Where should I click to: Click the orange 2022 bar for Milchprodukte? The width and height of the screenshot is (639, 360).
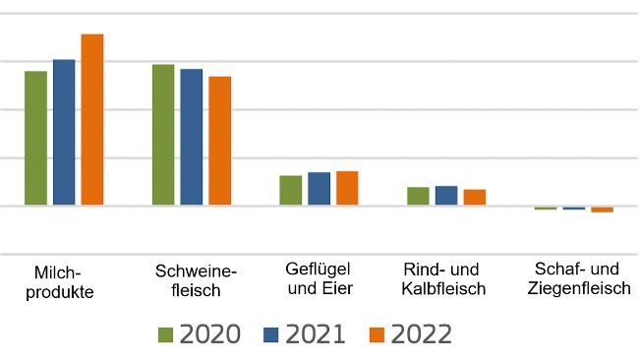[92, 119]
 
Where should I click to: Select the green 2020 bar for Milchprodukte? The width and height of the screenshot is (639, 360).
[35, 138]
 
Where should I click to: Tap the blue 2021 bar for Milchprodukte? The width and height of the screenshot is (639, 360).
[64, 132]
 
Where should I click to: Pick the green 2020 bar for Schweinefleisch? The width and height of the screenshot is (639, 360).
[163, 135]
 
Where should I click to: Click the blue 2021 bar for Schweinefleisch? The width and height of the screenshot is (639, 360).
[192, 137]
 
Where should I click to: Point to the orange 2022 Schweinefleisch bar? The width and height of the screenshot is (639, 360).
[220, 141]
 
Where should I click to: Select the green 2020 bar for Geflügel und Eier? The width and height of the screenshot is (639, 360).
[291, 190]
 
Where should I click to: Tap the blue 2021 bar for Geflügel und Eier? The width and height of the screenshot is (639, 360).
[319, 189]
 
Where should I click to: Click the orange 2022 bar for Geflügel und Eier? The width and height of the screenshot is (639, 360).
[347, 188]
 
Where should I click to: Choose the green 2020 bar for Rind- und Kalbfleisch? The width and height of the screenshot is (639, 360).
[418, 196]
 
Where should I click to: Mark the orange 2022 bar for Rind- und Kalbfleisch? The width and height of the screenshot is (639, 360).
[475, 197]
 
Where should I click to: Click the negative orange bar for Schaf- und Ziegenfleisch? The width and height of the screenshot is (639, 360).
[602, 210]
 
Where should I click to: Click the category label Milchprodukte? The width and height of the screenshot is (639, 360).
[63, 282]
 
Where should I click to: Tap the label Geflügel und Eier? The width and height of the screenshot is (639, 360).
[319, 278]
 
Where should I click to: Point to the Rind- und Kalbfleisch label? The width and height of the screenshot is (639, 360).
[444, 278]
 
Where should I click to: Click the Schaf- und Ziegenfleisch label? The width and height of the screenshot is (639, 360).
[578, 278]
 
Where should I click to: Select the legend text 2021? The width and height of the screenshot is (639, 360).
[316, 334]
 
